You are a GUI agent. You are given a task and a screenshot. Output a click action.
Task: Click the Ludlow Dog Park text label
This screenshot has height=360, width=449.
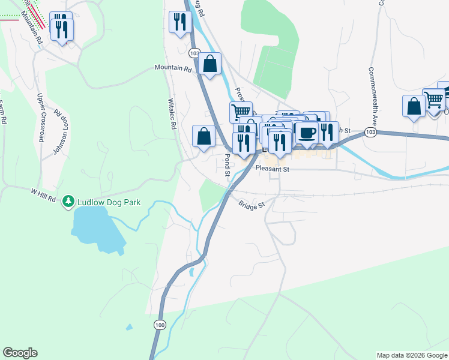(109, 202)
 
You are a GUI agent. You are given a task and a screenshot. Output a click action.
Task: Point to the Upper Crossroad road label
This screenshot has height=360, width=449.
(41, 117)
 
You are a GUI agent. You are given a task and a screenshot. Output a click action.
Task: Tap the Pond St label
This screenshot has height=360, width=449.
(228, 164)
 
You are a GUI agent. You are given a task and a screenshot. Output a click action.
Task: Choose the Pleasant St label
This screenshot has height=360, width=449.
(272, 170)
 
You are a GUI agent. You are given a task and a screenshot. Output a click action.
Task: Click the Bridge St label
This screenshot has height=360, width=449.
(251, 205)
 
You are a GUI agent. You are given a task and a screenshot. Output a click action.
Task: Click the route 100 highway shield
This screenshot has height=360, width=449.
(159, 325)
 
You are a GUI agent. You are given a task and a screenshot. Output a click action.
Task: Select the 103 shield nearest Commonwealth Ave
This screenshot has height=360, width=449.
(370, 132)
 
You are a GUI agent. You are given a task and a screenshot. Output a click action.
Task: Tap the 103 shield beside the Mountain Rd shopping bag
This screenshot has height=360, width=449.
(193, 53)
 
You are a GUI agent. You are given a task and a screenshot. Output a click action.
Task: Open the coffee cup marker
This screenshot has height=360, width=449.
(307, 133)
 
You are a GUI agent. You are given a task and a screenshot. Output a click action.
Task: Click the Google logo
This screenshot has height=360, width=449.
(20, 353)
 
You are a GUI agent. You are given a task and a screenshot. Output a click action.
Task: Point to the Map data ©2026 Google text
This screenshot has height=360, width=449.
(412, 355)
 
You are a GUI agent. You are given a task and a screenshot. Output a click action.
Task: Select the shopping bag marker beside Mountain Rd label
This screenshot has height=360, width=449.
(210, 64)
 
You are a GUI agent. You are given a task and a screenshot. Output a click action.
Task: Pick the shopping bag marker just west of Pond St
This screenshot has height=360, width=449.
(204, 135)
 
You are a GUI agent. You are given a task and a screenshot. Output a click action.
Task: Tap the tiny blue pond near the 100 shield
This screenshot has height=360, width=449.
(128, 328)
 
